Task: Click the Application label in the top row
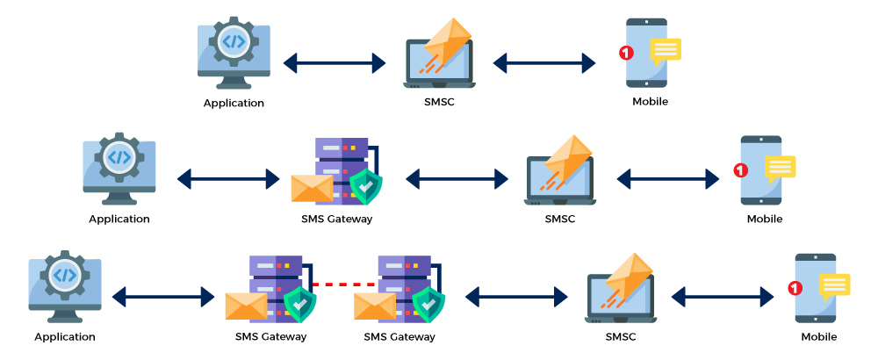point(234,103)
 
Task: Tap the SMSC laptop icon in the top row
point(439,57)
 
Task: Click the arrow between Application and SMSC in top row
point(335,62)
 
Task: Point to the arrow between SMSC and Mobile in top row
point(544,62)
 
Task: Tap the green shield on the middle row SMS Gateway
point(364,186)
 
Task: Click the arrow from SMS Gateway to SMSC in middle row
point(457,179)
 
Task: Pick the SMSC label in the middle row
point(559,219)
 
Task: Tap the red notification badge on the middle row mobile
point(740,170)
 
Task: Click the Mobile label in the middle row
point(764,219)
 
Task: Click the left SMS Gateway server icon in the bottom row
point(274,285)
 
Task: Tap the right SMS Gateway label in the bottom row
point(399,336)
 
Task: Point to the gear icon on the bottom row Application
point(65,275)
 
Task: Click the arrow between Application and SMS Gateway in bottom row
point(163,297)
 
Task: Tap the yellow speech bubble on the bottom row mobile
point(834,285)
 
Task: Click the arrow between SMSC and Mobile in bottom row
point(723,297)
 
